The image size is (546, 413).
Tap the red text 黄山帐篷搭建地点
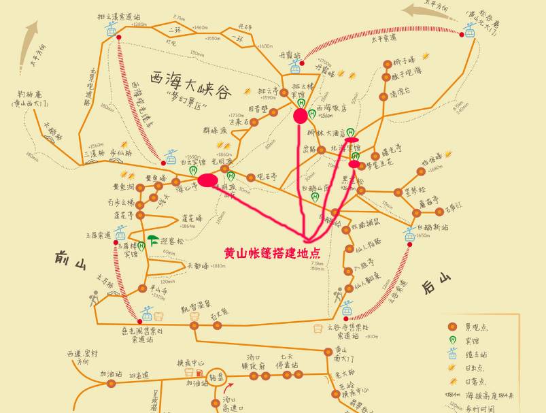(x=272, y=252)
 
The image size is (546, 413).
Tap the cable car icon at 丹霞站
(x=296, y=67)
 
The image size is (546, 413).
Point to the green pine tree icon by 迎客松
(x=153, y=240)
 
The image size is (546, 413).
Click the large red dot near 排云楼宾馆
(x=301, y=116)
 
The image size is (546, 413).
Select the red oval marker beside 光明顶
(x=209, y=180)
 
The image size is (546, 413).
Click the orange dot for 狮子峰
(x=387, y=64)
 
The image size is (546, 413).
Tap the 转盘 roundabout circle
(x=217, y=378)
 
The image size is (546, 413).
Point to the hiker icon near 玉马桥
(x=95, y=297)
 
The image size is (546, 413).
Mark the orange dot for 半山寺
(x=144, y=289)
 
